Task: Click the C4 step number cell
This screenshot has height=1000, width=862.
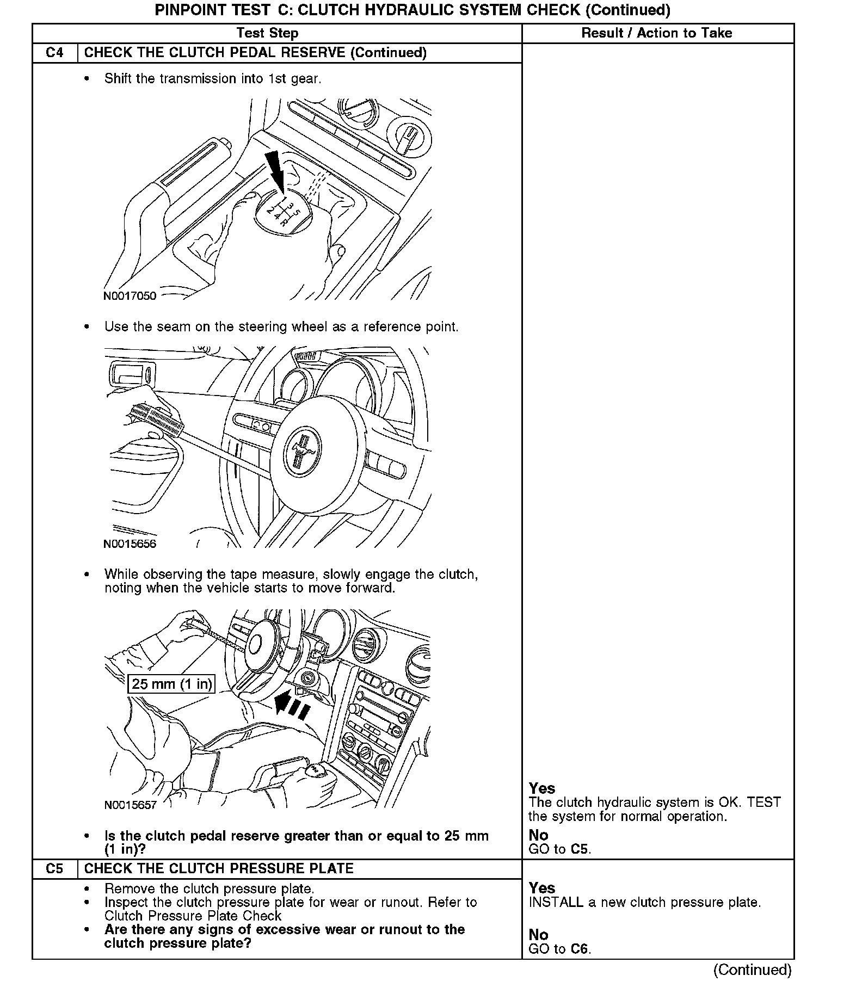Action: (54, 53)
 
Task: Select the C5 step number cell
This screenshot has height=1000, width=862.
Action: (54, 869)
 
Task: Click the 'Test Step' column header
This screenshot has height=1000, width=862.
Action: (267, 33)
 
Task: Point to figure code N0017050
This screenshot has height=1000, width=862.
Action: (130, 296)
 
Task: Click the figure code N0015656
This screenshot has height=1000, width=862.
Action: (130, 544)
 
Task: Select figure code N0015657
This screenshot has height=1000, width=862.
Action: (130, 805)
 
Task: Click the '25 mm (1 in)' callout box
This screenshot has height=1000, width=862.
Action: (171, 684)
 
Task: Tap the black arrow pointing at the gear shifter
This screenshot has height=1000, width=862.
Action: (275, 170)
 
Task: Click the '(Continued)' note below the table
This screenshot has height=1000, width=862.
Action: (752, 970)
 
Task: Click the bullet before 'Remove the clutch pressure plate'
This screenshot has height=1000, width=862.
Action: (87, 889)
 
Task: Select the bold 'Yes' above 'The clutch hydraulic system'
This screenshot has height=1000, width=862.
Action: (542, 788)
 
